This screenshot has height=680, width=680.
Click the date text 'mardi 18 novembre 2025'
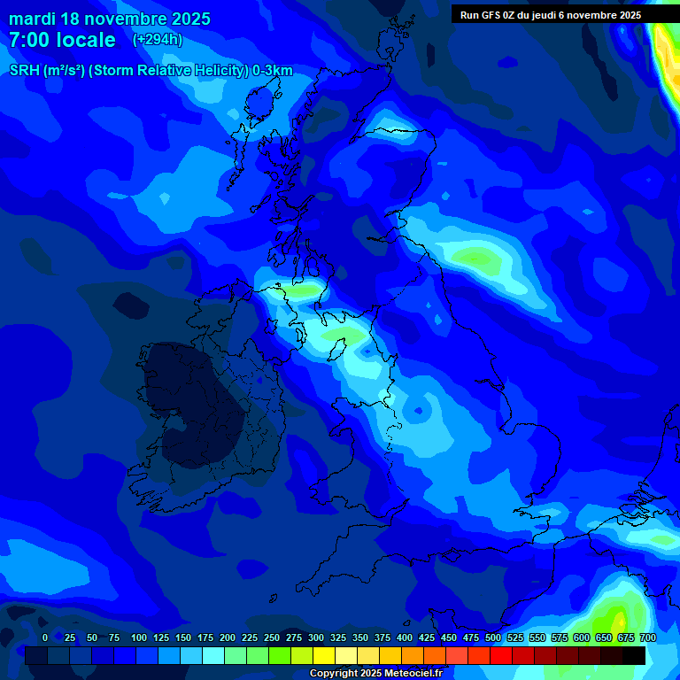[x=110, y=19]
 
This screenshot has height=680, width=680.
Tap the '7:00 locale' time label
[x=62, y=40]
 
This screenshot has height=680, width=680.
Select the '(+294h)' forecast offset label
[x=158, y=40]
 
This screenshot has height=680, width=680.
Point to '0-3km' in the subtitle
[x=272, y=71]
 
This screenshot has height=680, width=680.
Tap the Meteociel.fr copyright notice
[x=375, y=673]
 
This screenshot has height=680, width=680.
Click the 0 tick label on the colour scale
[x=45, y=637]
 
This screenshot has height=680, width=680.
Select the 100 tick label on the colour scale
[x=139, y=637]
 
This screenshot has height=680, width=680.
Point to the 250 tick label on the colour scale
[x=272, y=637]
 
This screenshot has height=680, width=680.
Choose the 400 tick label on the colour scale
[x=405, y=637]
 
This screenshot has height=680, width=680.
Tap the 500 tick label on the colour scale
[x=493, y=637]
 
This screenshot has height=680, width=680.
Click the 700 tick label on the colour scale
[x=648, y=637]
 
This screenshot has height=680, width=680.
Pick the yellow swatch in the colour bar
[x=324, y=655]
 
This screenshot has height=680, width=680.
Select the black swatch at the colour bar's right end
[x=634, y=655]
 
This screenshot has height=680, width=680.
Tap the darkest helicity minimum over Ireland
[x=190, y=403]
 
